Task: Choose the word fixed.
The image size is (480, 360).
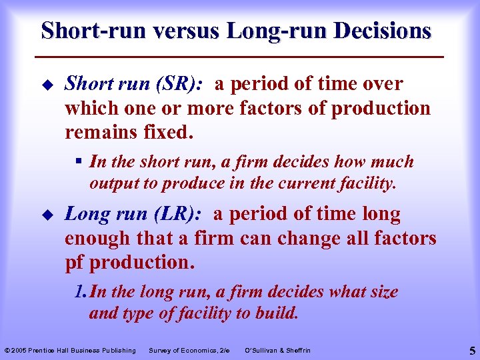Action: point(169,132)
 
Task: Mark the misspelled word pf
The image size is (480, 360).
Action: point(74,262)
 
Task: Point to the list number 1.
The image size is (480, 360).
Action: point(80,292)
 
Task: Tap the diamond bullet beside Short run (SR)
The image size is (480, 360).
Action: point(45,85)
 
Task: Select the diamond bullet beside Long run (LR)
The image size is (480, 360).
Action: point(45,215)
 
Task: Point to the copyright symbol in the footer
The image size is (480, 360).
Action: point(7,351)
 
